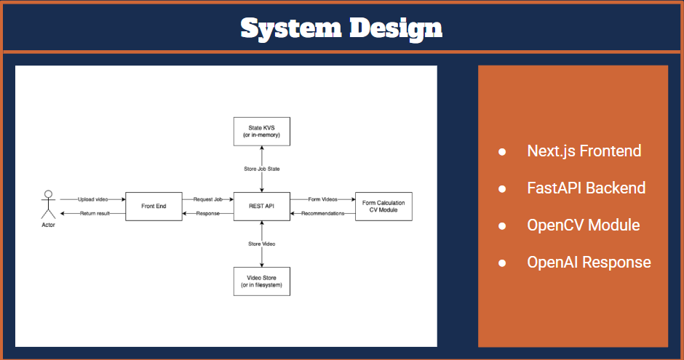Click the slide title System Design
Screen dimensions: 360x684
(x=341, y=28)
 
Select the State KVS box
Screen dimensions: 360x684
(x=261, y=131)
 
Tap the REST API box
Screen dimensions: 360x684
(x=261, y=207)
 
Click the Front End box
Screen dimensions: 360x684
(x=154, y=207)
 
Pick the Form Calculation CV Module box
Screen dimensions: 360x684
(x=383, y=207)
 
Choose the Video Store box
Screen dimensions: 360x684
(x=261, y=281)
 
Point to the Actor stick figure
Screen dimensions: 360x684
(x=48, y=204)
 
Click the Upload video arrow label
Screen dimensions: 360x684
(x=92, y=199)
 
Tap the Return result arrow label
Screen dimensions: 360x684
(x=92, y=214)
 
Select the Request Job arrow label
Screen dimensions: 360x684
(x=207, y=199)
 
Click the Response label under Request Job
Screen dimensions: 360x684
(x=207, y=214)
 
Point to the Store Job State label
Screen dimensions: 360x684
(x=261, y=169)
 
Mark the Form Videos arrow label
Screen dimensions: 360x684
(x=323, y=199)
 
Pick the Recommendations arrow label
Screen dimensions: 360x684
(x=323, y=214)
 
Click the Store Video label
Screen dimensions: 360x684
(x=261, y=244)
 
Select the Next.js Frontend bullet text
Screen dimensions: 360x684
(x=584, y=151)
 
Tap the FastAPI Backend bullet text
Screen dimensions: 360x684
(x=586, y=188)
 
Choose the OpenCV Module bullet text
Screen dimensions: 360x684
(x=583, y=225)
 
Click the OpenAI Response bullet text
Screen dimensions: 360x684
(x=589, y=262)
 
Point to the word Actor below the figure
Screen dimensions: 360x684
(x=48, y=225)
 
